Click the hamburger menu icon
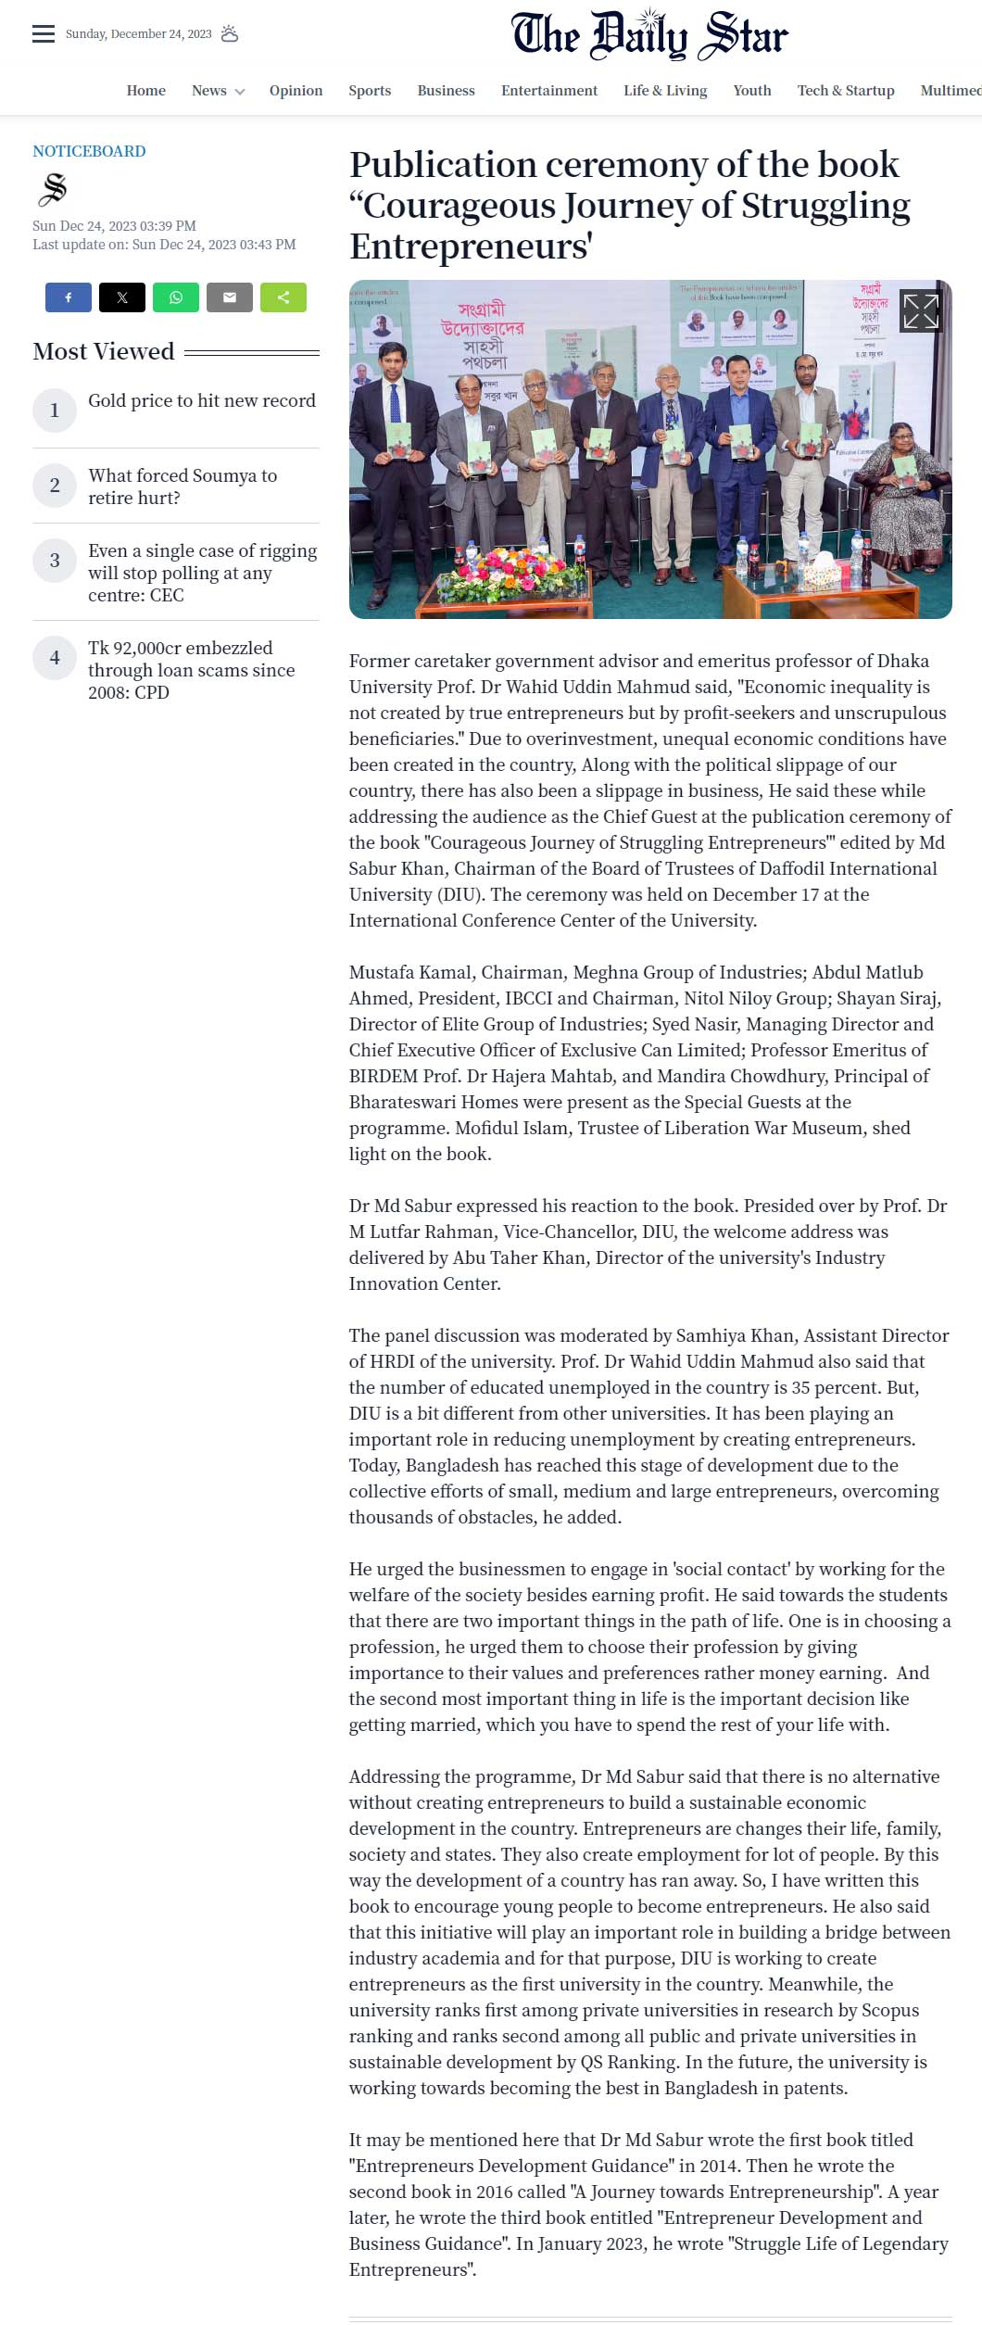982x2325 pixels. point(44,34)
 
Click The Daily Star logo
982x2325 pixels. point(649,35)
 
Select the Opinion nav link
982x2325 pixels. point(296,91)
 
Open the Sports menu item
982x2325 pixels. point(370,91)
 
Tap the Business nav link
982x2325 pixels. point(446,91)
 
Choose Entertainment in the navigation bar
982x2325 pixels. point(549,91)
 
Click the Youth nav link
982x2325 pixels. point(751,91)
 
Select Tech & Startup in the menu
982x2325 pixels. point(846,91)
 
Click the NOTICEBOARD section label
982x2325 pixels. point(89,151)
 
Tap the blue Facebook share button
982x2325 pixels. point(69,297)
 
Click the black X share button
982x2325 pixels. point(122,297)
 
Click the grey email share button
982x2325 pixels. point(230,297)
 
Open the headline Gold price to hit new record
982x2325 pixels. point(202,400)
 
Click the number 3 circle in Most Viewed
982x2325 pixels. point(55,561)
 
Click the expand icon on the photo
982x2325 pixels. point(920,311)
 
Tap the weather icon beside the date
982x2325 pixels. point(230,34)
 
